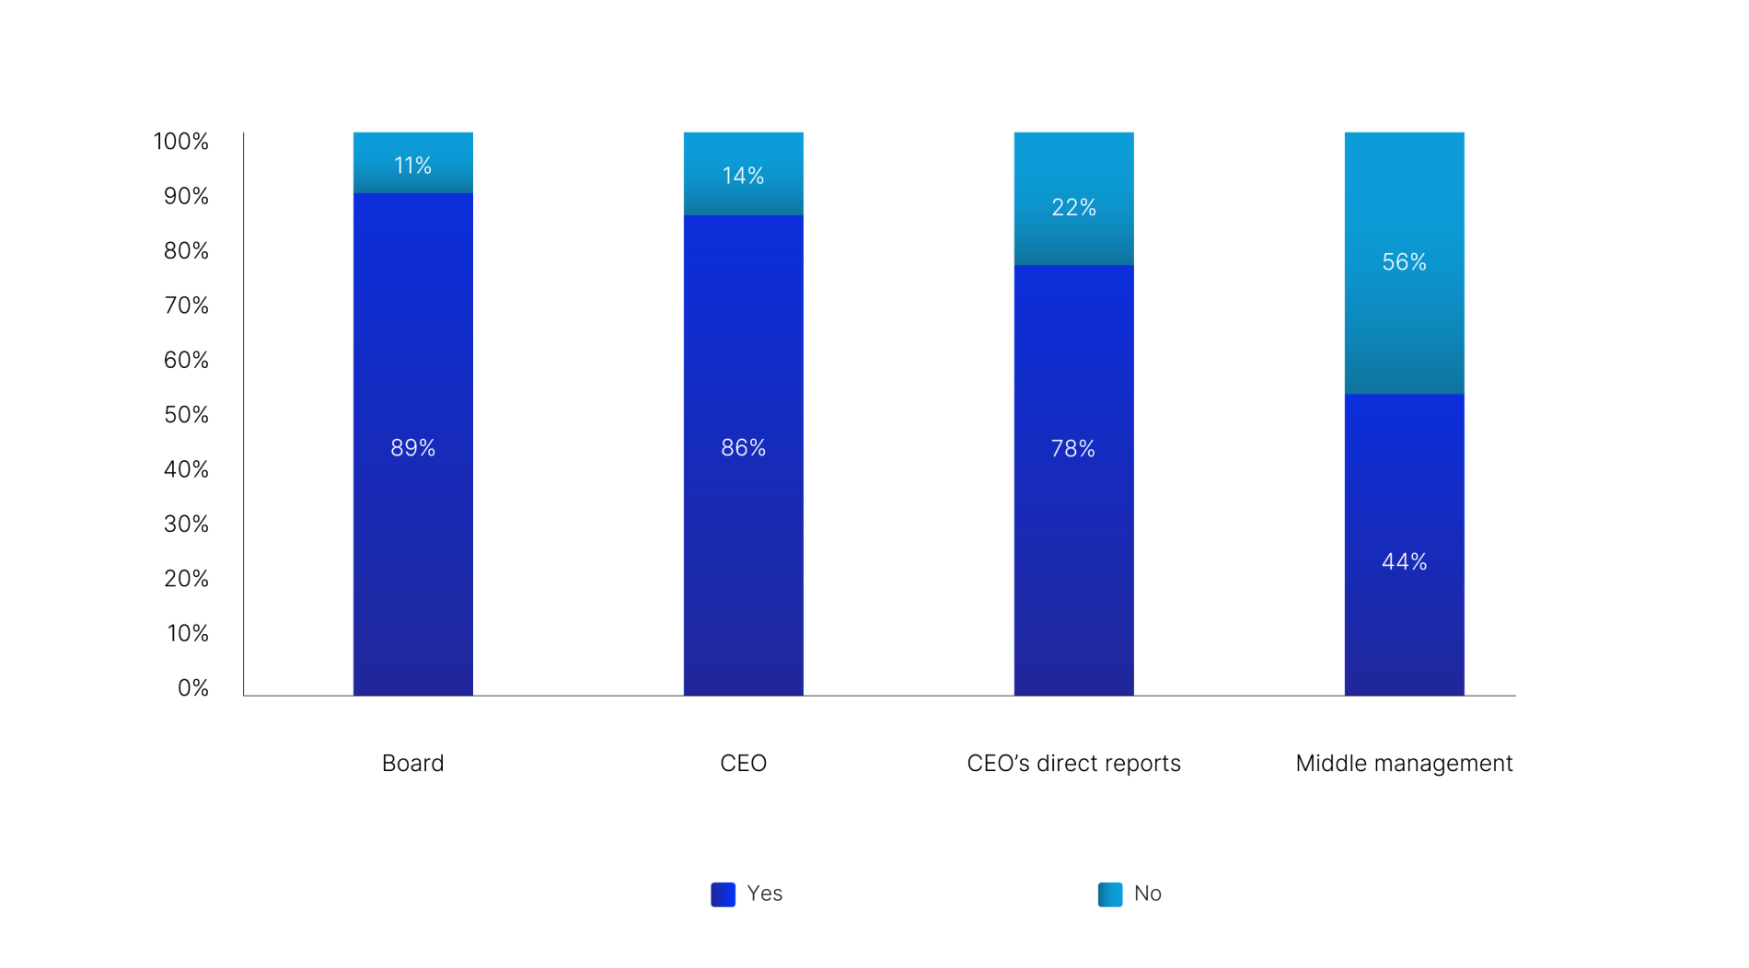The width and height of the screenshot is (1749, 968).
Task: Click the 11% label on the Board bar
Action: coord(412,166)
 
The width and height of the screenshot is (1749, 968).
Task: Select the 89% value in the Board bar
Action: coord(412,448)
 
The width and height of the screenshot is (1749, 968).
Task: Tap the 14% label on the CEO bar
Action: coord(743,176)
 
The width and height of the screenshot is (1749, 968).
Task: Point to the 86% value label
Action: coord(743,448)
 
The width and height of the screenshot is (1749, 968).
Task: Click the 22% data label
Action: coord(1073,208)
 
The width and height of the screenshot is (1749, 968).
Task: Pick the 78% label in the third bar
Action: coord(1073,449)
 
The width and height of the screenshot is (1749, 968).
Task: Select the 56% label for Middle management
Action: coord(1404,262)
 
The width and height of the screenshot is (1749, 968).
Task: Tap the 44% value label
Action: coord(1404,562)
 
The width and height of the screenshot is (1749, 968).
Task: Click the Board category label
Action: coord(412,764)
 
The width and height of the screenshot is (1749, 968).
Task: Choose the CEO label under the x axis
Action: coord(743,764)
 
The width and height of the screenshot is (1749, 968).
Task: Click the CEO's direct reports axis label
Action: coord(1073,764)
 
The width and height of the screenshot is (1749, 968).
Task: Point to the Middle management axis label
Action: coord(1404,764)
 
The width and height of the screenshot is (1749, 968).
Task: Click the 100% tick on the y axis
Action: coord(180,142)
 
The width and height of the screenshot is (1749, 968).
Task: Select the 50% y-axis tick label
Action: coord(186,415)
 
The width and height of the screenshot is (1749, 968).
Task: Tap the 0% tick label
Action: coord(193,688)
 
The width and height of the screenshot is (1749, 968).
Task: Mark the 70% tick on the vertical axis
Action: coord(186,305)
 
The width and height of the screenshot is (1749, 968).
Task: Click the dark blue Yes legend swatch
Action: coord(723,894)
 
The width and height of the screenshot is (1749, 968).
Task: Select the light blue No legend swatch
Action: coord(1110,894)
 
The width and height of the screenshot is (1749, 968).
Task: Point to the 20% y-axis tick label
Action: coord(186,579)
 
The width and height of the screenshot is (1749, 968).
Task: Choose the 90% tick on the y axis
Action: coord(186,196)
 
